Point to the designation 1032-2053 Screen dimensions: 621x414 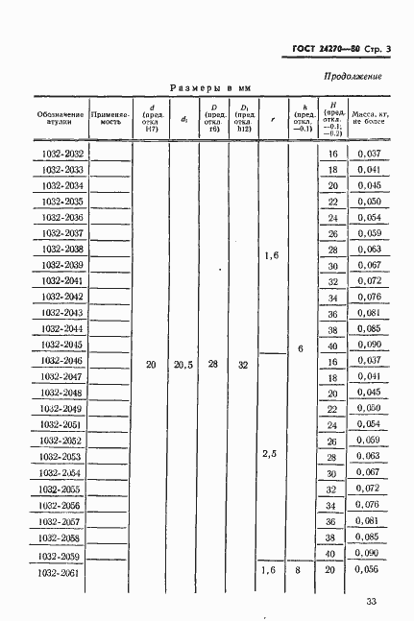[x=62, y=456]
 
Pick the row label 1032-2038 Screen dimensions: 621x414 [x=62, y=250]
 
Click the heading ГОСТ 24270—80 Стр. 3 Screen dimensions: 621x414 [x=334, y=48]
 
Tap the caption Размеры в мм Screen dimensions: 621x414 [x=209, y=87]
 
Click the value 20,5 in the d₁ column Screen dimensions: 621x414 [x=183, y=366]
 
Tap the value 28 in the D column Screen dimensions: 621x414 [x=213, y=366]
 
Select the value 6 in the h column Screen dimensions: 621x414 [x=301, y=349]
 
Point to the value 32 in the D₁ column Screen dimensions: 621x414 [x=244, y=366]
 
